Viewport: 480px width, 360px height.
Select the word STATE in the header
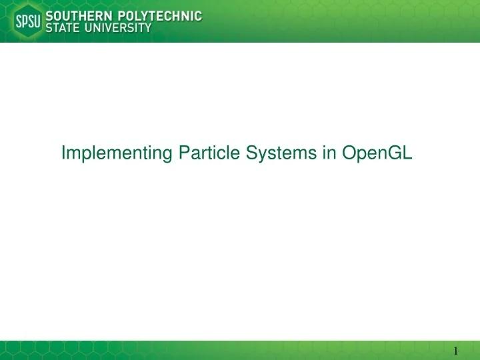(x=62, y=28)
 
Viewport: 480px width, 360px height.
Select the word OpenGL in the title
(x=377, y=153)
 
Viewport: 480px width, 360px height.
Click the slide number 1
(x=455, y=351)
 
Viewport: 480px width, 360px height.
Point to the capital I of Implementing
(x=63, y=153)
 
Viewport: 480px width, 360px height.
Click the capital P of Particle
(x=183, y=153)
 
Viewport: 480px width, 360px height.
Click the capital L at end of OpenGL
(x=409, y=153)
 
